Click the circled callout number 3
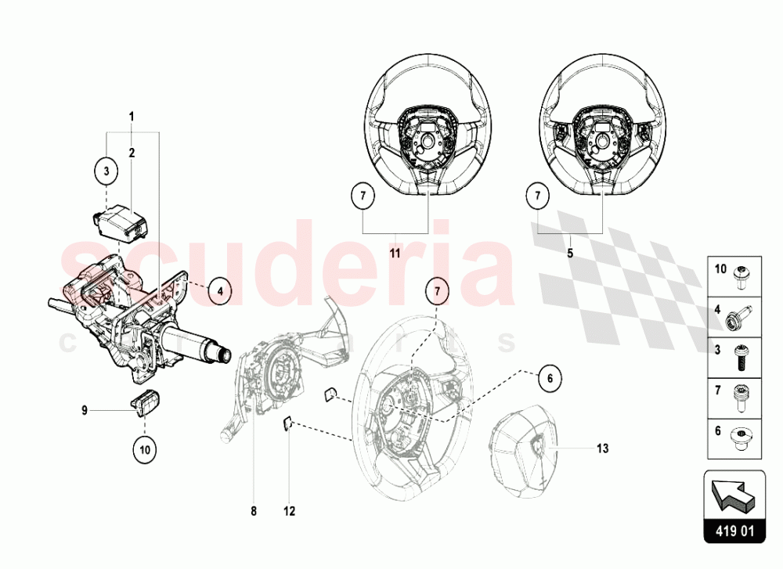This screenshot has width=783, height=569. click(106, 171)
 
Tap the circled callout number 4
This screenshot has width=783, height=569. click(220, 290)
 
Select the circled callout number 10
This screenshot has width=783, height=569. click(145, 450)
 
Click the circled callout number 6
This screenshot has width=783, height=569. click(550, 379)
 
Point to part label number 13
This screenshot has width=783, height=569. click(603, 448)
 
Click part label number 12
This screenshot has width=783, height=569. click(290, 511)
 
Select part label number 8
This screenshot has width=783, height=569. click(254, 511)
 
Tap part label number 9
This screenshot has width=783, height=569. click(85, 410)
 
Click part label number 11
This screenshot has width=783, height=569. click(395, 253)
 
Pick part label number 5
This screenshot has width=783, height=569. click(570, 253)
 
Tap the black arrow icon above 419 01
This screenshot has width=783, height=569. click(734, 496)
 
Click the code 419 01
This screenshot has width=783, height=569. click(734, 531)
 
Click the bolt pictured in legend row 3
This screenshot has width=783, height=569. click(740, 358)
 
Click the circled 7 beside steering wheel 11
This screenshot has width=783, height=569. click(363, 195)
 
